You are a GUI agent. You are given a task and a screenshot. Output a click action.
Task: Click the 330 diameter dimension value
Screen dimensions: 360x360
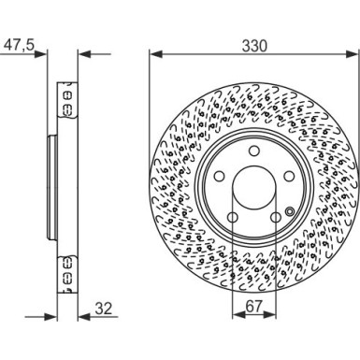(x=254, y=46)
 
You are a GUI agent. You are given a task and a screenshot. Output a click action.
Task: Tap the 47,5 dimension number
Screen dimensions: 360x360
(x=19, y=46)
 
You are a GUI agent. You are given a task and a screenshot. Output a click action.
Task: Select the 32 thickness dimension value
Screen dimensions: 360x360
(x=104, y=309)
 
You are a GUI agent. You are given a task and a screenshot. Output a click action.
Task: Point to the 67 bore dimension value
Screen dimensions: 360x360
(x=254, y=307)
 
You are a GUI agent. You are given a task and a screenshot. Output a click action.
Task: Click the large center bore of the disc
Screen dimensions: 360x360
(x=254, y=188)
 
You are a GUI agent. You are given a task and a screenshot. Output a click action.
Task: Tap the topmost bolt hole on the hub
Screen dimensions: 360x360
(x=254, y=151)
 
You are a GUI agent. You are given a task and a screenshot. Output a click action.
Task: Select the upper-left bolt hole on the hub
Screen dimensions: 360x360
(x=220, y=177)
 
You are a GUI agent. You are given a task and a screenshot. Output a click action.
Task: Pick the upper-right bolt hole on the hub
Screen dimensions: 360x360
(x=289, y=177)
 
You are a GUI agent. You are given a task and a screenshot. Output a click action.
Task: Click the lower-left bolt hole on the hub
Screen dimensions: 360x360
(x=233, y=217)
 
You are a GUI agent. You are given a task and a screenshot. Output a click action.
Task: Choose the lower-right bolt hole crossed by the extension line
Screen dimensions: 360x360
(x=276, y=217)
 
